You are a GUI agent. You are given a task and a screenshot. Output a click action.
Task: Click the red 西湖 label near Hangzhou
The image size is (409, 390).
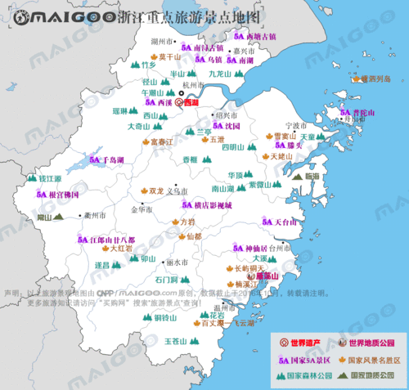coord(190,103)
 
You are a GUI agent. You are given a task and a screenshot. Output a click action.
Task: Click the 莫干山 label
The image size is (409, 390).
coord(169,57)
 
